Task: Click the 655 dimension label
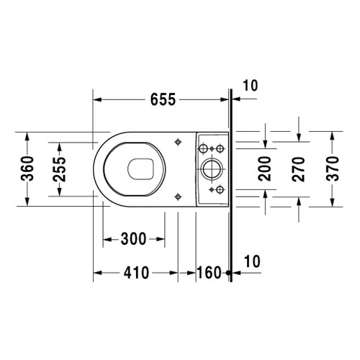click(x=162, y=100)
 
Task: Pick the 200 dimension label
click(x=264, y=168)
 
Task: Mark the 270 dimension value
click(x=299, y=168)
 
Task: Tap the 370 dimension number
click(x=331, y=168)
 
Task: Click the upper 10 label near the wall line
click(x=249, y=85)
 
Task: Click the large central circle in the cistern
click(x=212, y=168)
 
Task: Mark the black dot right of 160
click(x=227, y=273)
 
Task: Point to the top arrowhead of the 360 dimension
click(x=27, y=135)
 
